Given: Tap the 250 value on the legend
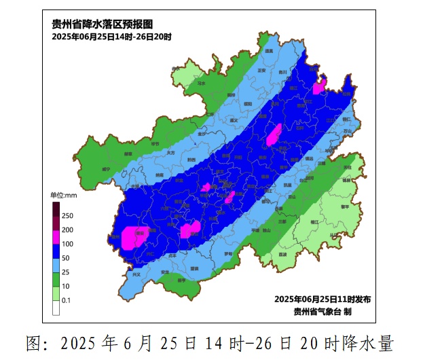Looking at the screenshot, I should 67,215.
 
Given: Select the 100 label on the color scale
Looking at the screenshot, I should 67,243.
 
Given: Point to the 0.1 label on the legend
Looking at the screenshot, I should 67,300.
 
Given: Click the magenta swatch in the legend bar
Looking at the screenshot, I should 56,236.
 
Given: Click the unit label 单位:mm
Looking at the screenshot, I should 64,196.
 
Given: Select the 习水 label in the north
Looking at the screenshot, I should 201,84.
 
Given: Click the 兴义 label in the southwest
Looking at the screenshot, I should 138,274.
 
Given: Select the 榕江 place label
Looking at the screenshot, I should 314,221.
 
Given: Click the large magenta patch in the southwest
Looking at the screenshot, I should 134,237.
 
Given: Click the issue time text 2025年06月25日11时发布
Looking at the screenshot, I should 322,300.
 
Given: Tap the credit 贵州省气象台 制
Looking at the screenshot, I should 323,311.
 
